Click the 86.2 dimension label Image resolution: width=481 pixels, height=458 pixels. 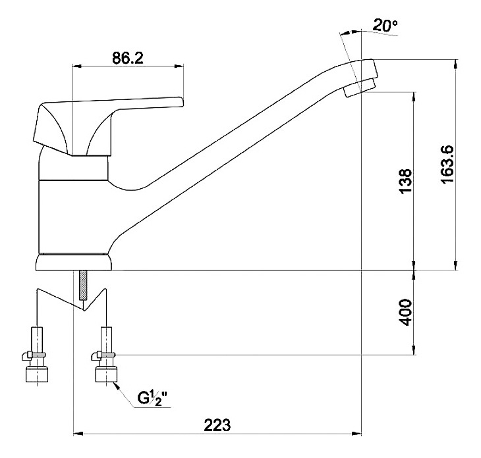[128, 58]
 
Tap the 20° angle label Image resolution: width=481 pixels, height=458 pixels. [385, 25]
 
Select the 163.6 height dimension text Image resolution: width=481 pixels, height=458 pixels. [447, 165]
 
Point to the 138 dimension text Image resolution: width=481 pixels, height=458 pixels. [405, 181]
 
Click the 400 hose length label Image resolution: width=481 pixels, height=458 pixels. [405, 313]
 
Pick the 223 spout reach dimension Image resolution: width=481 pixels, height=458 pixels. [217, 425]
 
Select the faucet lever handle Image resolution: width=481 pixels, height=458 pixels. [107, 126]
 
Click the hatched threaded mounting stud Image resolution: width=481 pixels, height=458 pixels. [83, 285]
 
